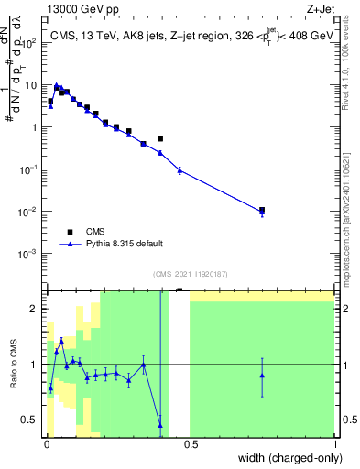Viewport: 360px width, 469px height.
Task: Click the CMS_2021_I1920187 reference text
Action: click(x=191, y=274)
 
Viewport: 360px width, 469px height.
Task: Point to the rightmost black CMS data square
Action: click(x=262, y=210)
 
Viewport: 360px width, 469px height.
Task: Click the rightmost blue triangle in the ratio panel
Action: click(x=262, y=376)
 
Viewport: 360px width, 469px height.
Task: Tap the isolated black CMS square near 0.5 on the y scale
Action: click(x=160, y=139)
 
